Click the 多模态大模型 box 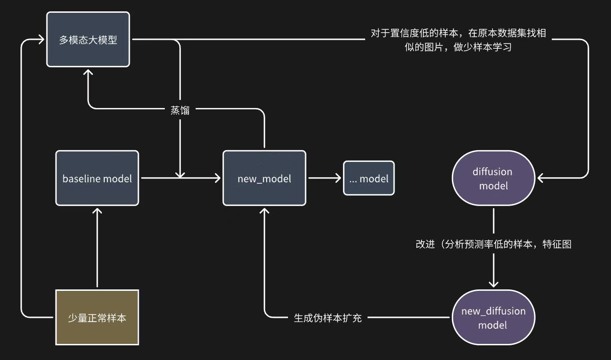88,40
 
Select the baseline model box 97,178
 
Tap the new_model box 264,178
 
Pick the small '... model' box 368,178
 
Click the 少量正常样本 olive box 97,317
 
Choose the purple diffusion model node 494,178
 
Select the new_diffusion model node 494,317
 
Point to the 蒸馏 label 180,110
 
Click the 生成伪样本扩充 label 328,317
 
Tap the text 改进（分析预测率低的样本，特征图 494,244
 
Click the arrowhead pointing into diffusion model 540,178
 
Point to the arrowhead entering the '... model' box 339,178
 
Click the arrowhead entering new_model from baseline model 218,178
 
